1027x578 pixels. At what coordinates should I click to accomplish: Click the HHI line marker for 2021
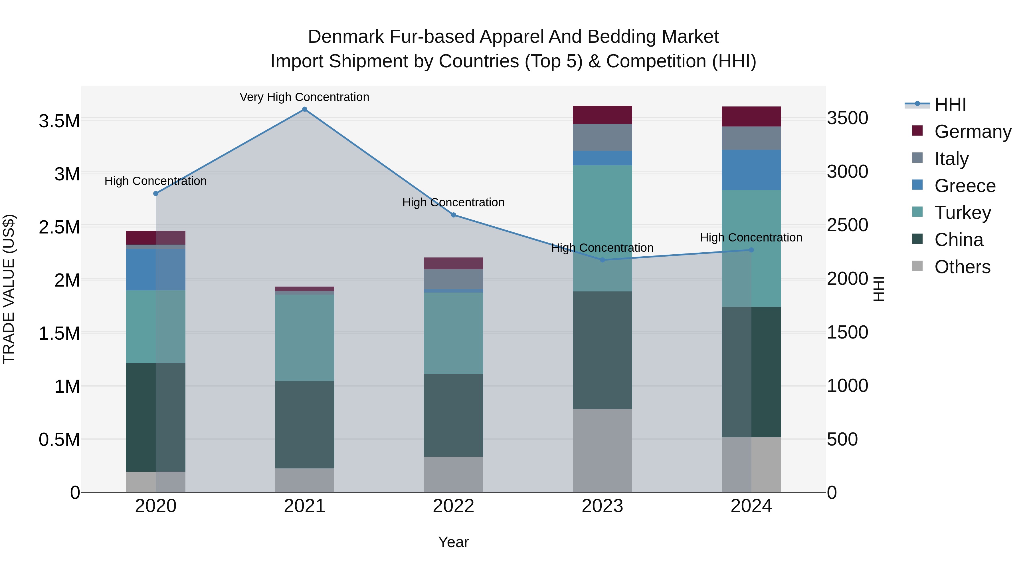305,109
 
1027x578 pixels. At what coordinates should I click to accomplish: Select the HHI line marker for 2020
156,194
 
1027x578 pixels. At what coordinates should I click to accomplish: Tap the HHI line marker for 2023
603,260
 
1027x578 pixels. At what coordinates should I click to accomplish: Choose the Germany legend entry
973,132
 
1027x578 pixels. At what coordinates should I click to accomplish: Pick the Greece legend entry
965,186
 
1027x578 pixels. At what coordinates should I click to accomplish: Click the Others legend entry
962,267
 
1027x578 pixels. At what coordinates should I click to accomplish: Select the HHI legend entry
950,104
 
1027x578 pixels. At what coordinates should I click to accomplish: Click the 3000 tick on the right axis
847,172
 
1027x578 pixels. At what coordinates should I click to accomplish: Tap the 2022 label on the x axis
453,506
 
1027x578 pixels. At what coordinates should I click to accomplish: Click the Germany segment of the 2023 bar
603,115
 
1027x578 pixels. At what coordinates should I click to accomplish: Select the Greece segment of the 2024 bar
751,170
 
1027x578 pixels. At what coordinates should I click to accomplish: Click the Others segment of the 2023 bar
603,450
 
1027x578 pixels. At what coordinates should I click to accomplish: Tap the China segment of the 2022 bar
453,415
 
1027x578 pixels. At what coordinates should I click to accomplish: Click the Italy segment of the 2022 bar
453,279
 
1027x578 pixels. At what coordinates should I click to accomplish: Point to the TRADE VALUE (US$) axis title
9,289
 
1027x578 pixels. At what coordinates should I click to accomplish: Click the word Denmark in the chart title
346,37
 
